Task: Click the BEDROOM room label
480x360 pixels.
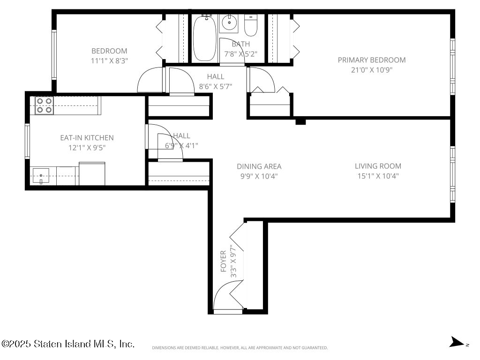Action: click(x=109, y=51)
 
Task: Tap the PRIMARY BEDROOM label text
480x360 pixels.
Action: click(x=372, y=60)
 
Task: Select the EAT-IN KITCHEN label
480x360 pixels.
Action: click(x=87, y=138)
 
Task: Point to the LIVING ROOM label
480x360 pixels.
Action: click(x=378, y=166)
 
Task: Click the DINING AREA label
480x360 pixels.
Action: click(x=259, y=166)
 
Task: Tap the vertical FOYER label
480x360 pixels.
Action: click(x=223, y=261)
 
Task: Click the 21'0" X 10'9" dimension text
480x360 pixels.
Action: click(x=372, y=70)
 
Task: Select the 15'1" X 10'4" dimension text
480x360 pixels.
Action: click(x=378, y=176)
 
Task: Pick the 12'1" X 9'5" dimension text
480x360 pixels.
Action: click(x=87, y=148)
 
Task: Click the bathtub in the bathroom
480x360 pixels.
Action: click(x=204, y=38)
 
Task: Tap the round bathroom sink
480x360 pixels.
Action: click(x=229, y=22)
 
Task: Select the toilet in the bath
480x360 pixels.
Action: click(x=251, y=26)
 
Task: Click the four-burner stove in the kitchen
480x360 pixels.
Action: click(x=45, y=105)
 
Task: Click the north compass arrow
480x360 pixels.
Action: click(x=457, y=342)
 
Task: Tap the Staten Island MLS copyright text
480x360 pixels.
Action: click(x=67, y=344)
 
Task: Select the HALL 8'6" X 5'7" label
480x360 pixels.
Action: click(x=216, y=82)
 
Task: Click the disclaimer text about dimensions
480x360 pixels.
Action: click(x=240, y=348)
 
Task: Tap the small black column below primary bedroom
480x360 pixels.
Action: click(x=300, y=121)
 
